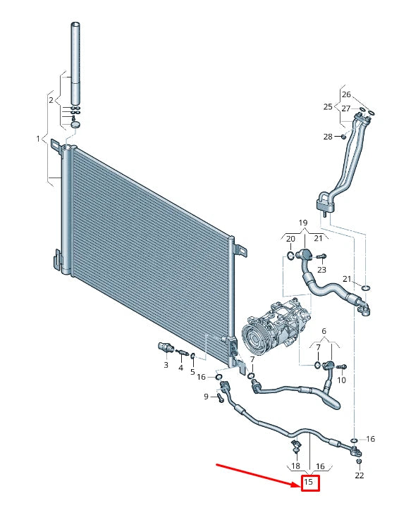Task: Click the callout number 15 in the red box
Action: coord(308,481)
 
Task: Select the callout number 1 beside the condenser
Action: coord(38,139)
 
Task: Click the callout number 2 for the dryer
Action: coord(51,100)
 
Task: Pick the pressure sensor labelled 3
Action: coord(166,348)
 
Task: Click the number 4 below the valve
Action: coord(180,368)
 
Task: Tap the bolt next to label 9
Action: coord(219,397)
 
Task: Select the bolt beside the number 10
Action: coord(341,367)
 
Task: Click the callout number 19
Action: coord(303,223)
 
